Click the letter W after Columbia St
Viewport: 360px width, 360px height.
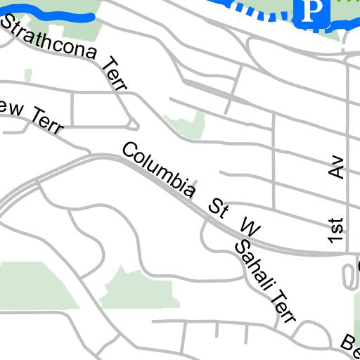pyautogui.click(x=250, y=227)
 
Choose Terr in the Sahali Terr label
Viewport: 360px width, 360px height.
pyautogui.click(x=283, y=307)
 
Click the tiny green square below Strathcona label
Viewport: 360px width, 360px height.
pyautogui.click(x=28, y=75)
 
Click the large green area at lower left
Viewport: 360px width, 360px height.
pyautogui.click(x=35, y=285)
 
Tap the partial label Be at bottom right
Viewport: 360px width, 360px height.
pyautogui.click(x=350, y=344)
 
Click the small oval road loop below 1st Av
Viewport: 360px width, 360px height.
pyautogui.click(x=349, y=276)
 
